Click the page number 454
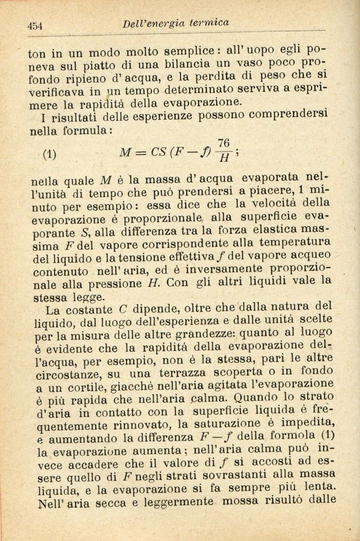point(35,26)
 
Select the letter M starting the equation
point(125,153)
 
